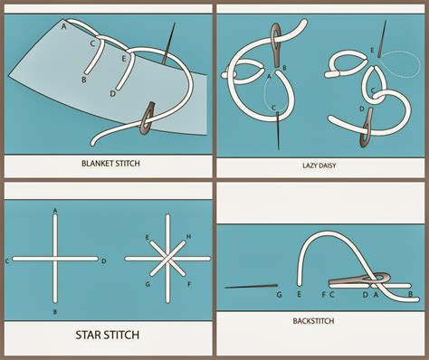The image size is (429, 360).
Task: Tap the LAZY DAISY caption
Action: click(x=319, y=166)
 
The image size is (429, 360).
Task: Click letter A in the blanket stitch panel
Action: click(x=63, y=27)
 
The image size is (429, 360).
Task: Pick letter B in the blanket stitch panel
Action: click(x=84, y=81)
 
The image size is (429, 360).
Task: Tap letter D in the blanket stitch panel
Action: click(x=111, y=94)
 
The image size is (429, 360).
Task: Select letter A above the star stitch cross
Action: click(x=56, y=210)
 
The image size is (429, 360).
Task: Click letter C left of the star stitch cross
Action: click(x=7, y=261)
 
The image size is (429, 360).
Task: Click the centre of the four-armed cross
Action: click(x=56, y=261)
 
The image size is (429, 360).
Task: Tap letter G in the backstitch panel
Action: click(x=279, y=295)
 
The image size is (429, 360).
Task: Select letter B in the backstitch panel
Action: click(x=414, y=295)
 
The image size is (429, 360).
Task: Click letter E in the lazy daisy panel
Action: click(x=372, y=49)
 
